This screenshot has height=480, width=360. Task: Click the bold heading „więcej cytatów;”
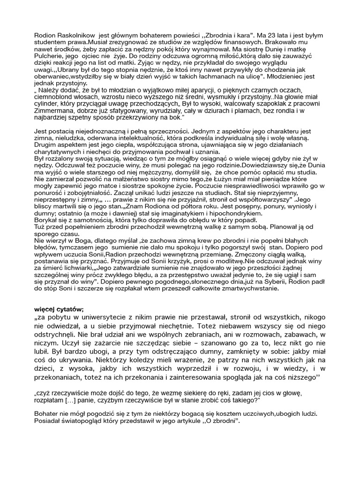click(x=60, y=323)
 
